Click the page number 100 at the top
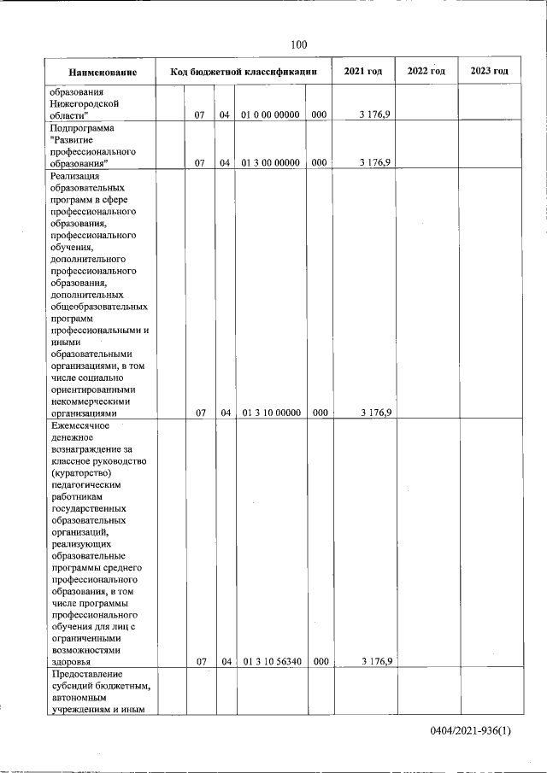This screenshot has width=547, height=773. (298, 44)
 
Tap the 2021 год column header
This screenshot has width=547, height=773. (363, 71)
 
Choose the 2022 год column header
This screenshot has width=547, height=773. (426, 71)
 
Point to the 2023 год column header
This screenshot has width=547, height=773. (489, 71)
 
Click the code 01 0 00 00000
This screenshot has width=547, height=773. (271, 114)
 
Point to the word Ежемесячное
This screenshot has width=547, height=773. (81, 425)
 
